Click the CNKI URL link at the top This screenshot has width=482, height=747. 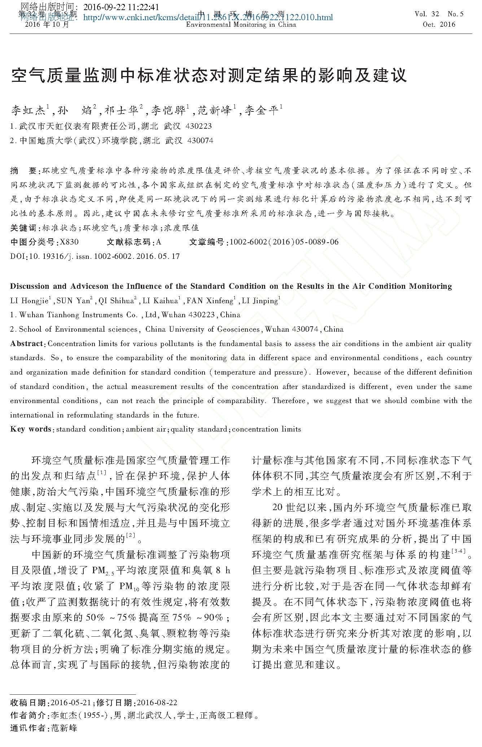pos(208,17)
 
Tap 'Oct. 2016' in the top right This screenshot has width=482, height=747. pos(439,25)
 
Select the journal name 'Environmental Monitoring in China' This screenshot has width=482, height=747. pos(241,25)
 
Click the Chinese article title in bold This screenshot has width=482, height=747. pos(209,75)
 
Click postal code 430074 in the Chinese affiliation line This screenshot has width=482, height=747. pos(201,141)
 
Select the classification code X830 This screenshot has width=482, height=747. pos(69,242)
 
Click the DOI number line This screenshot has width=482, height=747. pos(95,256)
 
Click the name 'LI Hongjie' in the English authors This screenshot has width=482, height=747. pos(30,301)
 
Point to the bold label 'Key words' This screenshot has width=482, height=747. pos(31,429)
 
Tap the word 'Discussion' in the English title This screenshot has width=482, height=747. pos(29,286)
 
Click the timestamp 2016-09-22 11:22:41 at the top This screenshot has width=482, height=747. pos(121,7)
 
